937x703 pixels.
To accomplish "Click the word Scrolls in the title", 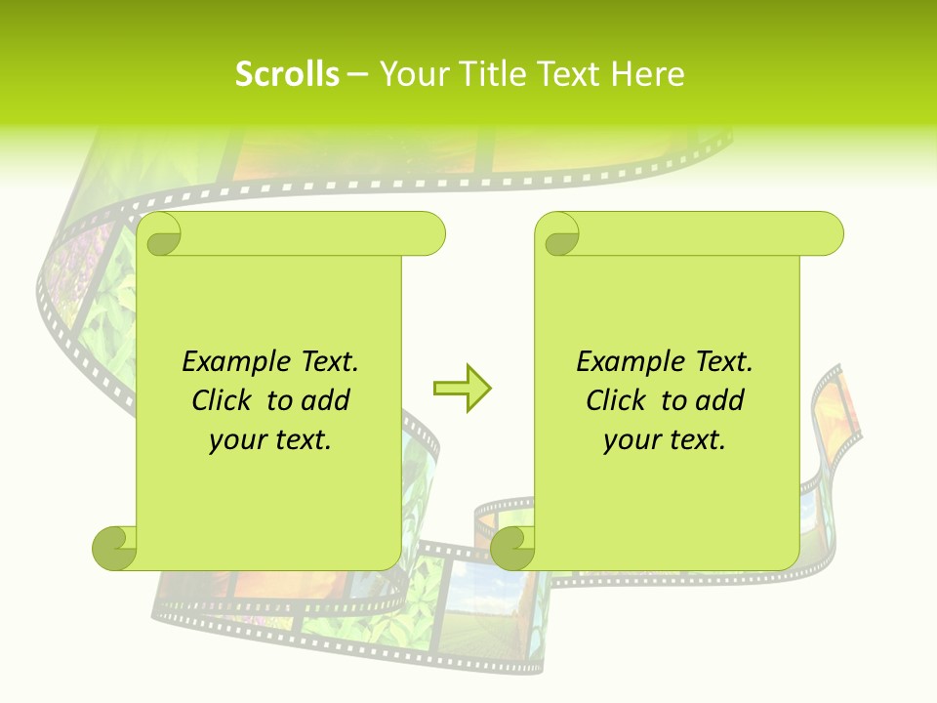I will tap(287, 74).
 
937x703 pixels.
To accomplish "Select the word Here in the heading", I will tap(647, 74).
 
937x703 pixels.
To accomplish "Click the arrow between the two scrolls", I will tap(463, 389).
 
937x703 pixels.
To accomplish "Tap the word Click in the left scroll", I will tap(224, 400).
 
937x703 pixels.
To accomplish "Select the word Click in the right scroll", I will tap(619, 400).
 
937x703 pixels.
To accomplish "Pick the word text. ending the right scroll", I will tap(695, 440).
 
